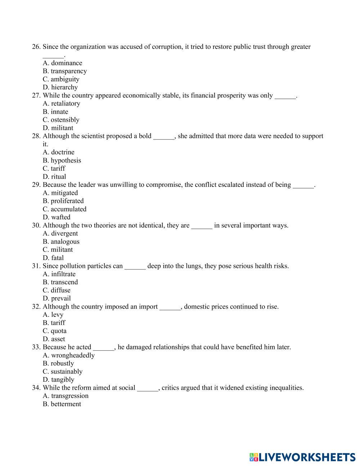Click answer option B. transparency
pos(65,71)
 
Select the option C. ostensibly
pos(61,120)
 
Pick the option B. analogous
pos(61,242)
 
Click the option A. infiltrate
pos(59,274)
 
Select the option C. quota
pos(55,331)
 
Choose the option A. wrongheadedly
pos(68,355)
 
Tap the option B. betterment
pos(62,404)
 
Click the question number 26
pos(36,47)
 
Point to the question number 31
pos(36,266)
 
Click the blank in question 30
pos(202,226)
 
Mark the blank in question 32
pos(170,307)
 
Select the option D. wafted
pos(57,217)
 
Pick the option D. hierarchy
pos(60,88)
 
